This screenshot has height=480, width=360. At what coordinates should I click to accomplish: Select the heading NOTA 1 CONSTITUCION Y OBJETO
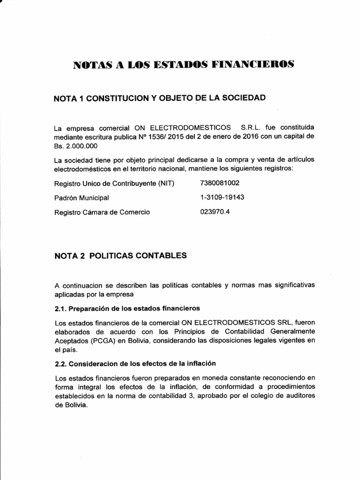160,98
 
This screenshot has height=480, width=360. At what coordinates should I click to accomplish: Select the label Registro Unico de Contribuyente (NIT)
114,183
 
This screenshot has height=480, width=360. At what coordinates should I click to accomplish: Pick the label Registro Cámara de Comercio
102,212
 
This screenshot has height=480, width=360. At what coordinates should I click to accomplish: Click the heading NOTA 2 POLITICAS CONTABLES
120,255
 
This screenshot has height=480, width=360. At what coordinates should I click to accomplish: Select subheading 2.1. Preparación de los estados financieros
127,308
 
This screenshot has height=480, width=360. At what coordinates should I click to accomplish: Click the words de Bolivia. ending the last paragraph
71,405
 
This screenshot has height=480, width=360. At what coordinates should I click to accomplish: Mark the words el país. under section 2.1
65,350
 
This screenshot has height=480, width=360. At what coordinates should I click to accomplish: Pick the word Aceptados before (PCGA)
69,340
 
